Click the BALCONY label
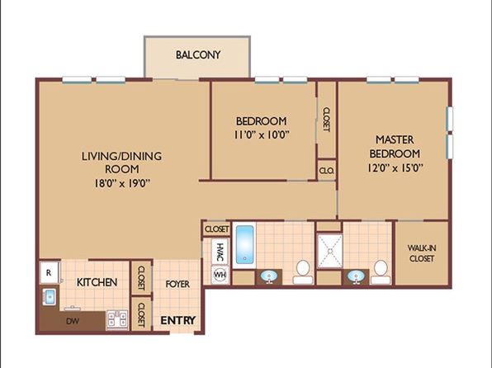point(197,55)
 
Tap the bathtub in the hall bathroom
point(244,245)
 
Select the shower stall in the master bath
point(329,251)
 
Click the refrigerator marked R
point(49,272)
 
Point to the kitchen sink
point(50,296)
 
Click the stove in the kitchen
point(117,319)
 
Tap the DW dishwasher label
point(73,321)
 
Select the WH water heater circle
point(220,275)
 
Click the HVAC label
point(220,252)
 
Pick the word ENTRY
point(178,320)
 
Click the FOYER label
point(177,284)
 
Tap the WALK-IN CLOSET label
point(422,253)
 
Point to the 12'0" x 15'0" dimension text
point(395,168)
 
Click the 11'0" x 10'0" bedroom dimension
point(261,134)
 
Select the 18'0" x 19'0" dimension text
point(122,183)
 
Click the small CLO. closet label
point(327,171)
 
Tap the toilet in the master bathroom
point(381,272)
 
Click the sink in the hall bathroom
point(269,276)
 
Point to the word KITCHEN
point(97,282)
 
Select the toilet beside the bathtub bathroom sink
point(303,272)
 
